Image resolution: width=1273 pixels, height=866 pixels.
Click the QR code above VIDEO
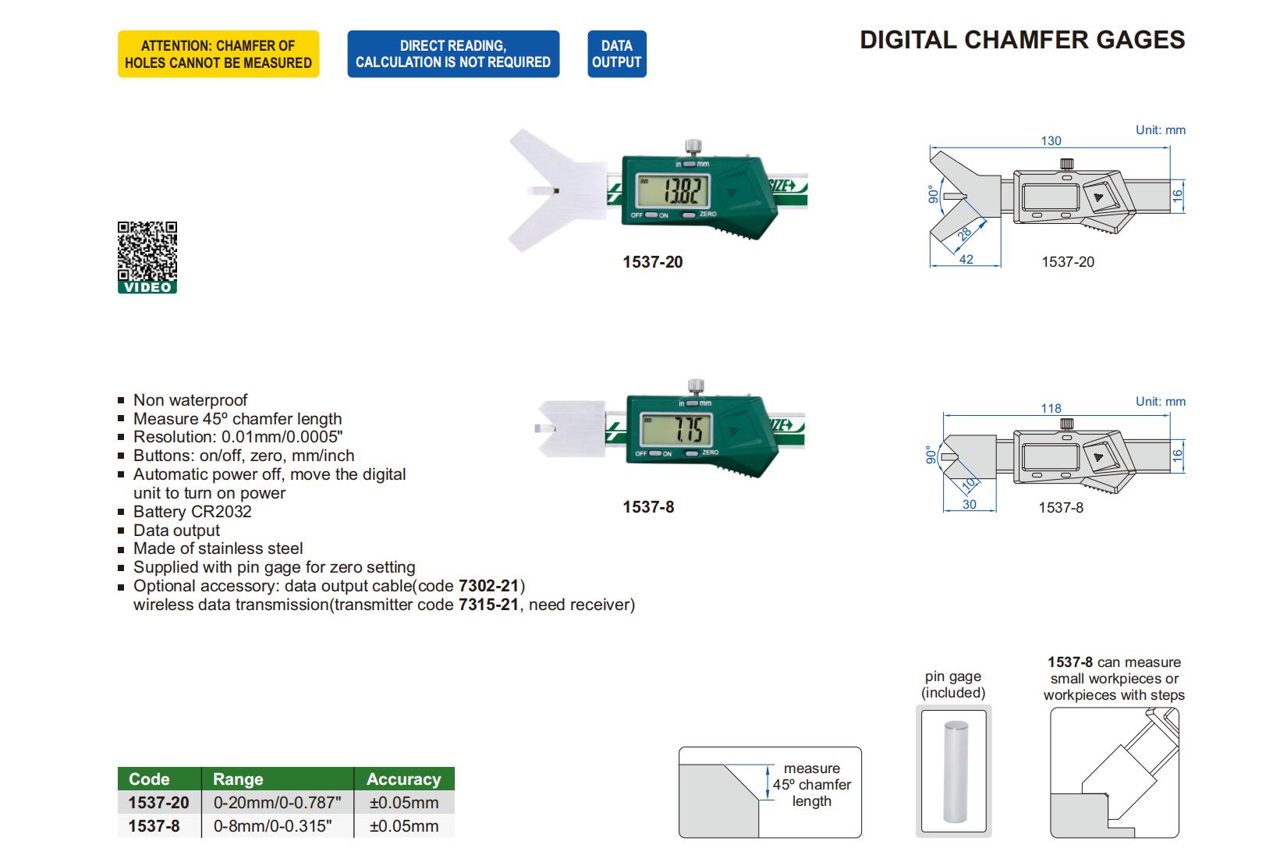pos(147,250)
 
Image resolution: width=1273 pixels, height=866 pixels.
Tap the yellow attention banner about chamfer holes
pos(218,54)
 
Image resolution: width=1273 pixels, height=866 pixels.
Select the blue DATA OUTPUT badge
pos(616,54)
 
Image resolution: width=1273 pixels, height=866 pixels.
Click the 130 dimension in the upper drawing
pos(1051,141)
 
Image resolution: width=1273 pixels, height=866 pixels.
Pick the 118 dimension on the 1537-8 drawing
pos(1051,409)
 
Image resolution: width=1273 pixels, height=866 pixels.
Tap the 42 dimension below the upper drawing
pos(966,260)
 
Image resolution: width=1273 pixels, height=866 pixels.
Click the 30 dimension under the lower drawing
pos(969,505)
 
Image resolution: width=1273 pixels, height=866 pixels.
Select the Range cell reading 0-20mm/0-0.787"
pos(277,803)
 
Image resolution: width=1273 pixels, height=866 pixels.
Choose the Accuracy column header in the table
pos(403,779)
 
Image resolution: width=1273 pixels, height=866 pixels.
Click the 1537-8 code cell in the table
pos(154,826)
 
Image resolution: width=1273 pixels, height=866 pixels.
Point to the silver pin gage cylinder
pos(953,772)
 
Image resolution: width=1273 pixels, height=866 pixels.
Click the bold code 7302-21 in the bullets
pos(488,586)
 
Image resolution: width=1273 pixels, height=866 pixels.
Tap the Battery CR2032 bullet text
pos(192,512)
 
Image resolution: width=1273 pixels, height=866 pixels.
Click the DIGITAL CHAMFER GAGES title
pos(1022,40)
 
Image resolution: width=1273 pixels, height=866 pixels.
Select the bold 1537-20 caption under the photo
pos(652,262)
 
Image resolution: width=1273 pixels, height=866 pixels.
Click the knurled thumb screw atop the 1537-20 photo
pos(692,147)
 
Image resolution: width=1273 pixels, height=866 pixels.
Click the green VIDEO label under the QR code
pos(147,287)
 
